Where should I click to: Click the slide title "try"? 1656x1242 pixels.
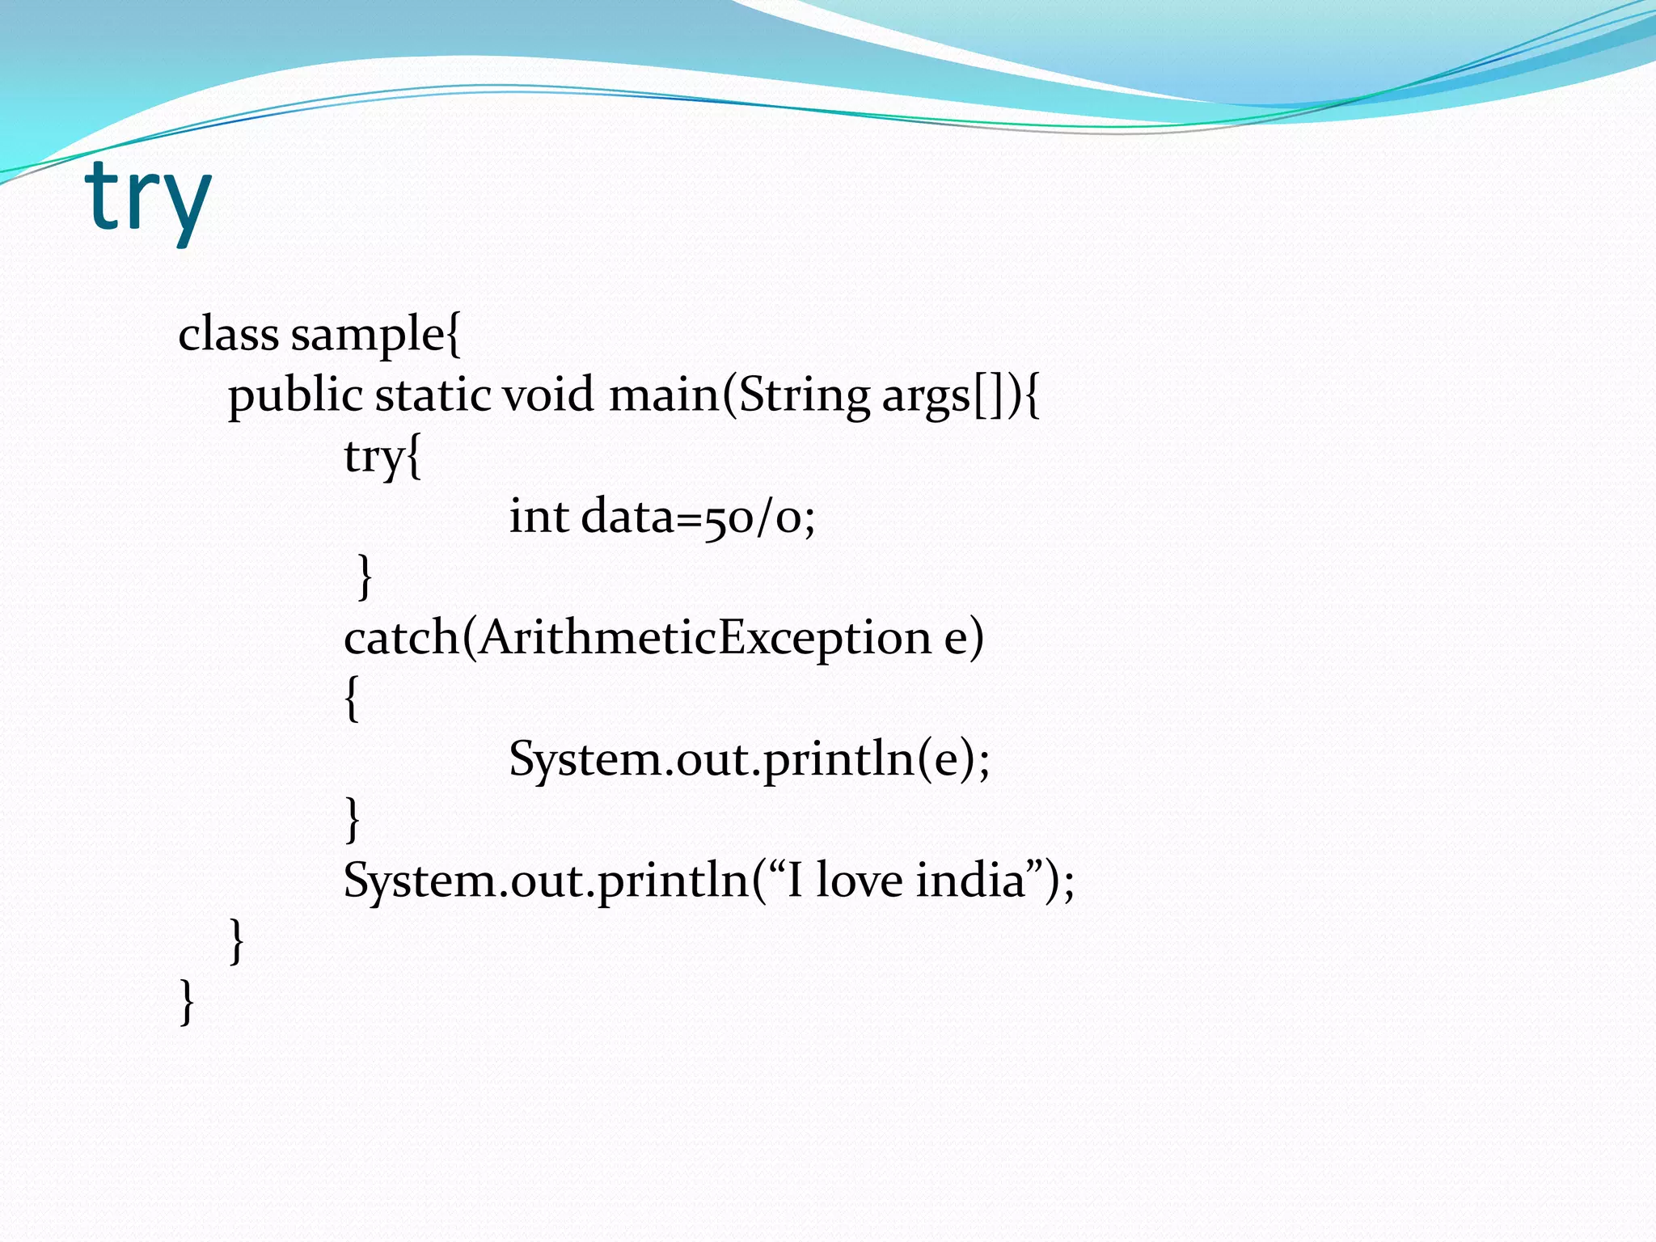click(147, 198)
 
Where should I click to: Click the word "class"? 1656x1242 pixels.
click(228, 334)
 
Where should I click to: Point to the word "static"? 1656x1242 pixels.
click(433, 395)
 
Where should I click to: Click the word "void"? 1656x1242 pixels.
click(548, 395)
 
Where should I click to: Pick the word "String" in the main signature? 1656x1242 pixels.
click(805, 396)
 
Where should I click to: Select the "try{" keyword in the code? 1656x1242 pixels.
click(382, 457)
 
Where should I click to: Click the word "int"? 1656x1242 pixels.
click(539, 516)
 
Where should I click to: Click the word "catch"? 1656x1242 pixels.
click(401, 637)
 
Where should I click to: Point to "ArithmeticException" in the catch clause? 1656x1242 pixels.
click(703, 637)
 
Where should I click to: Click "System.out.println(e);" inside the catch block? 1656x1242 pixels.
click(749, 759)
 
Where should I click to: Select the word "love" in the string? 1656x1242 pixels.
click(859, 880)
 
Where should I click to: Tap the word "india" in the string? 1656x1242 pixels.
click(970, 880)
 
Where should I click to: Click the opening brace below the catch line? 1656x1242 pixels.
click(351, 699)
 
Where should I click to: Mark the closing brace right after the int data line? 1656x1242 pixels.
click(365, 577)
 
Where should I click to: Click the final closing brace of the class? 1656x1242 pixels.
click(187, 1002)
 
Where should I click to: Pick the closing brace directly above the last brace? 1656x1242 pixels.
click(236, 940)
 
